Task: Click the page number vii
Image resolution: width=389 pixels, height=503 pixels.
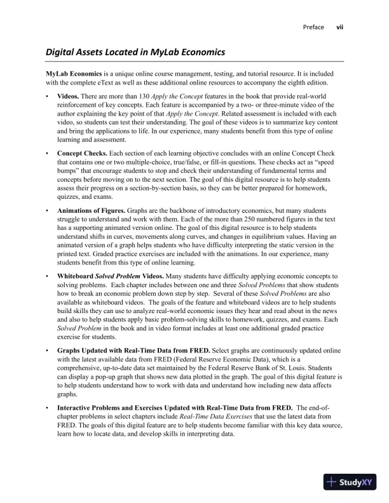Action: pos(339,27)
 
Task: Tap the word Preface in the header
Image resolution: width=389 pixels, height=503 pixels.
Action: pos(314,27)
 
